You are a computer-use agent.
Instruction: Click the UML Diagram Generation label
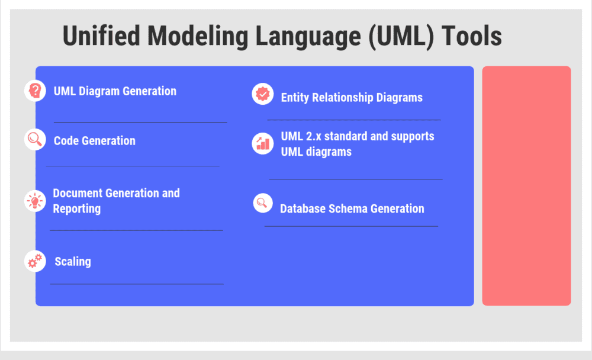115,91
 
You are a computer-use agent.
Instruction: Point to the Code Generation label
95,141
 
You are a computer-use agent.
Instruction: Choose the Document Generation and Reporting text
116,201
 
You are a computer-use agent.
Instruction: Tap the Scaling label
73,261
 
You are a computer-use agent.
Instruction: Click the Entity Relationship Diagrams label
352,98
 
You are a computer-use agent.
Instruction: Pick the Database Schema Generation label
352,208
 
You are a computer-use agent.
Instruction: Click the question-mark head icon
35,91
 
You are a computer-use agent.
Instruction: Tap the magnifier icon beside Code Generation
35,139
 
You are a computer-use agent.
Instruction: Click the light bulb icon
35,201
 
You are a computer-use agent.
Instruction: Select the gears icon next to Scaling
35,261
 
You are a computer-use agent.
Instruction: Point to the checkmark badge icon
262,94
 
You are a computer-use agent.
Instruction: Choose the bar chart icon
262,143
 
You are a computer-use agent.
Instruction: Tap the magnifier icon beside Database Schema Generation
263,202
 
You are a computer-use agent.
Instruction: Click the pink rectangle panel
526,186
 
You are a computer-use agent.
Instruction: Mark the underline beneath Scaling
137,284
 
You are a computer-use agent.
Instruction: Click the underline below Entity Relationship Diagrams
354,120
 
